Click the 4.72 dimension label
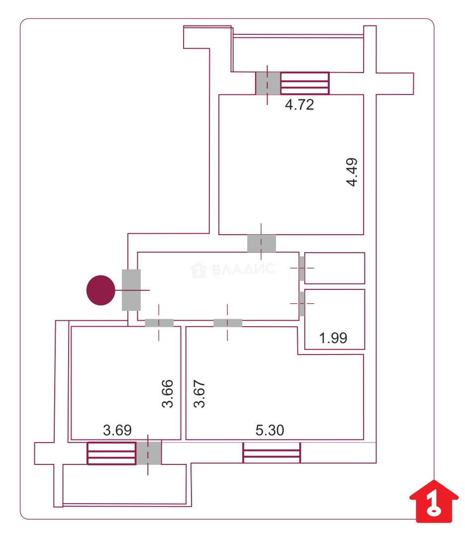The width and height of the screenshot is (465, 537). tap(299, 105)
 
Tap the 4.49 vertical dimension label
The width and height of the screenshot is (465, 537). tap(352, 172)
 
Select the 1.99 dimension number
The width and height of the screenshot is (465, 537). tap(333, 338)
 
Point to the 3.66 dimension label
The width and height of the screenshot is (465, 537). tap(167, 393)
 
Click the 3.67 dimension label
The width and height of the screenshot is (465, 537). tap(199, 393)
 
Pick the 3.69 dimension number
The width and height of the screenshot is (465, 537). tap(117, 430)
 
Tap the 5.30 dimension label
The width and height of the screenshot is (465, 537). tap(270, 430)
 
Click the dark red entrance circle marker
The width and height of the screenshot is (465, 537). tap(101, 290)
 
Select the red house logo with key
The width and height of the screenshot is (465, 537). tap(434, 501)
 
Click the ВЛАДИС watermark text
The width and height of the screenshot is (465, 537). tap(243, 269)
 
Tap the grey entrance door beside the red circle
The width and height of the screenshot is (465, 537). tap(131, 290)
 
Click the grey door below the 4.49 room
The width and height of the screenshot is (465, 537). tap(262, 244)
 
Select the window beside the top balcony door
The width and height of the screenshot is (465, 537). tap(305, 83)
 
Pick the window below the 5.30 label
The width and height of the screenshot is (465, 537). tap(272, 453)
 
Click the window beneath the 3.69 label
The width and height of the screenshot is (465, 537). tap(112, 453)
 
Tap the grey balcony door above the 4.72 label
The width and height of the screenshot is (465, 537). tap(268, 83)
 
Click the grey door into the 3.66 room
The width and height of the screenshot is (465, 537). tap(159, 323)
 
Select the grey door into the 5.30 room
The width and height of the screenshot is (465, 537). tap(228, 323)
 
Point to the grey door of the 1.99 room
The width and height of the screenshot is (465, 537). tap(301, 304)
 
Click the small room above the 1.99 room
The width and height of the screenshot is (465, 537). tap(334, 268)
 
